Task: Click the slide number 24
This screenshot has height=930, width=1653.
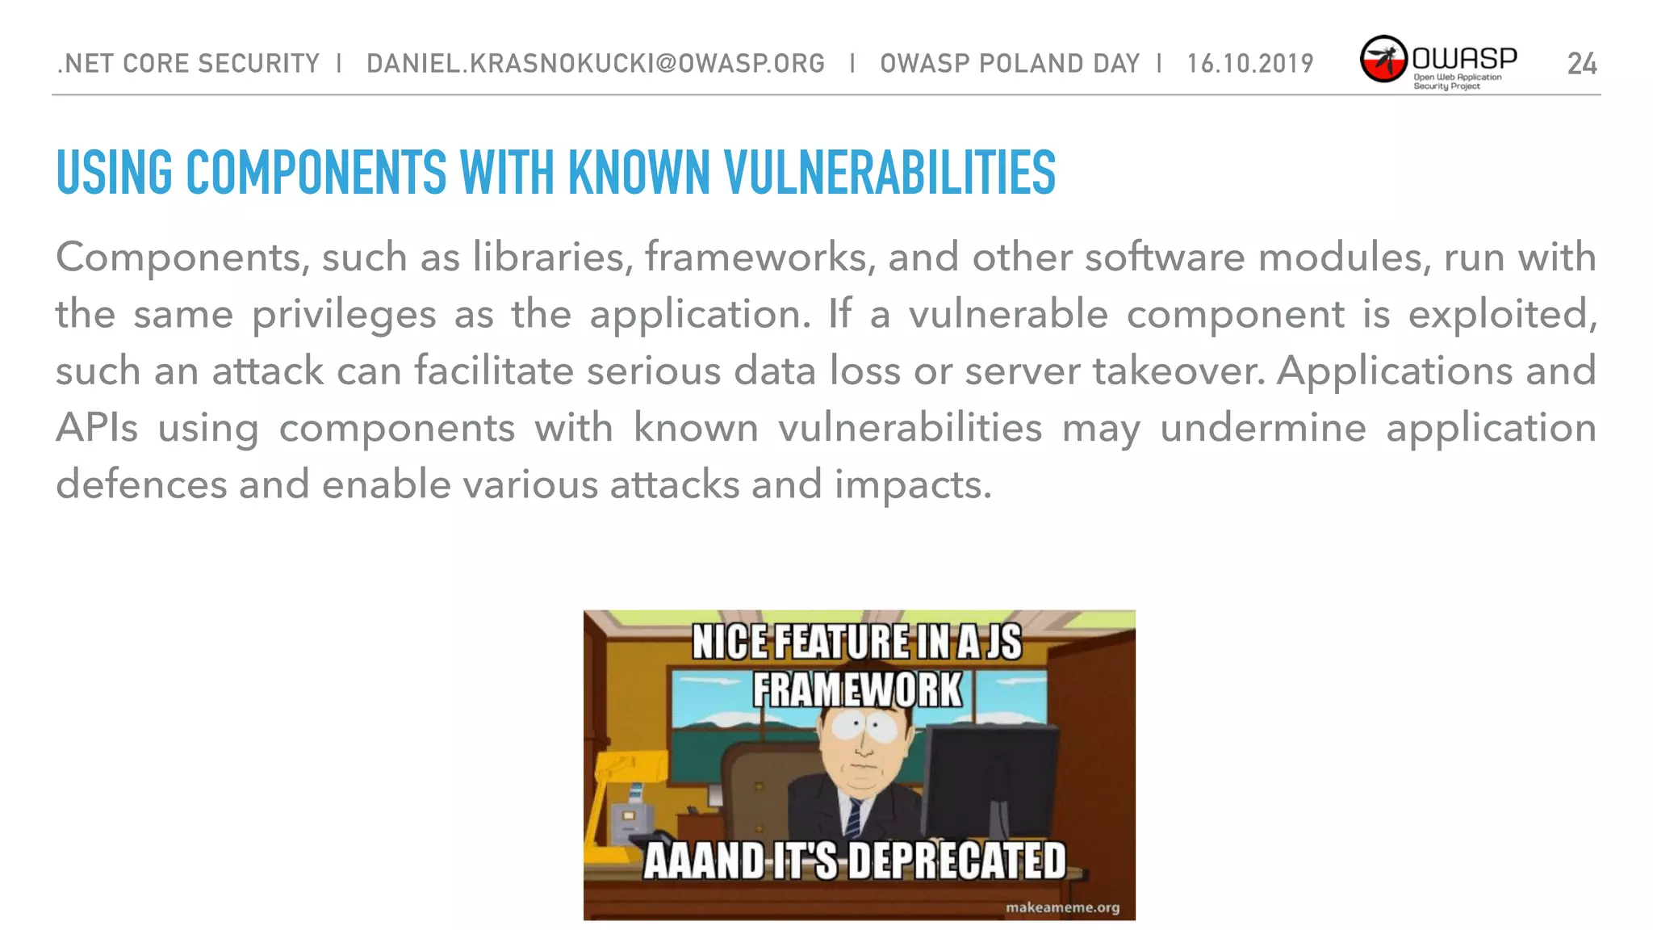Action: click(1581, 64)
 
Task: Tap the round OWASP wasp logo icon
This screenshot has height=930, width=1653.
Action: click(1383, 59)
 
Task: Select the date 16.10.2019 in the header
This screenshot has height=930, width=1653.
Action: click(1250, 64)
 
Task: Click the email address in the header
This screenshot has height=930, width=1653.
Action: click(596, 64)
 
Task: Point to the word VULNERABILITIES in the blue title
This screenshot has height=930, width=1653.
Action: click(889, 173)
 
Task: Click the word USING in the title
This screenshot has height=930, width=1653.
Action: click(114, 173)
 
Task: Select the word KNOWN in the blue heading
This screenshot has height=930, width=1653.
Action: click(638, 173)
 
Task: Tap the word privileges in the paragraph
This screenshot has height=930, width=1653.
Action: click(343, 315)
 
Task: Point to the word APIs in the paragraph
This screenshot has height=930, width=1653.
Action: click(97, 428)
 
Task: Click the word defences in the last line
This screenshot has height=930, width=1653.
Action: click(141, 484)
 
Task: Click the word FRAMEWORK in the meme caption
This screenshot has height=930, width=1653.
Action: click(858, 691)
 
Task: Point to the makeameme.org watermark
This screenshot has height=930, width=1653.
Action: click(1062, 907)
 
